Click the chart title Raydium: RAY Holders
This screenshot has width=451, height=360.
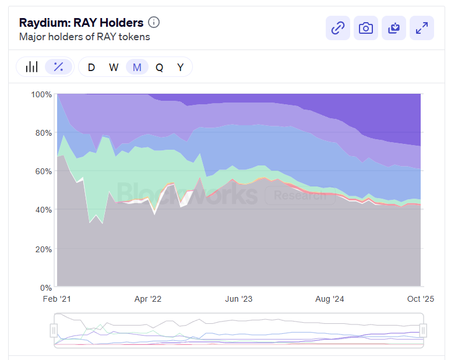tap(81, 23)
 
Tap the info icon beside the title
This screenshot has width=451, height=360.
tap(154, 23)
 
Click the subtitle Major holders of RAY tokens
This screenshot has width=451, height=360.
tap(84, 37)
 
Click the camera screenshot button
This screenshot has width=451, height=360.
tap(365, 28)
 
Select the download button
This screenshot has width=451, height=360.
tap(394, 28)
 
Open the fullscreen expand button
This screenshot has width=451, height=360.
tap(422, 28)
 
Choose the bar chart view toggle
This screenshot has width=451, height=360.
tap(31, 67)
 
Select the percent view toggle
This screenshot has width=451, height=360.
tap(58, 67)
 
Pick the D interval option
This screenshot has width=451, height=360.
tap(91, 67)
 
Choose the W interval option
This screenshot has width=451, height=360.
tap(114, 67)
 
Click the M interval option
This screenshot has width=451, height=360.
tap(137, 67)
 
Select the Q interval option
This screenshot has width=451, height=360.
tap(159, 67)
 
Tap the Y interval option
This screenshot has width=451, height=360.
tap(181, 67)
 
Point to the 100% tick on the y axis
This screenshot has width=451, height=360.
tap(41, 94)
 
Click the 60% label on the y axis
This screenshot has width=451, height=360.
tap(43, 171)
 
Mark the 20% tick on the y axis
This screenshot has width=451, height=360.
tap(43, 249)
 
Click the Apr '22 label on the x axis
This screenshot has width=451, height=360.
tap(148, 299)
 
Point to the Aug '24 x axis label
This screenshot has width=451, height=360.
tap(330, 299)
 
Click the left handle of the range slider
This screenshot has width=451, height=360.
tap(54, 330)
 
